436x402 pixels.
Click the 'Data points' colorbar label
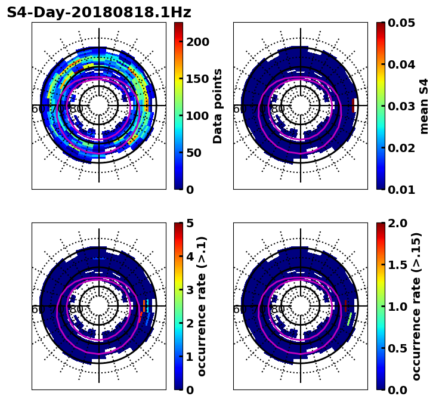[x=218, y=106]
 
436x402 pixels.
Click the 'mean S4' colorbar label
[x=424, y=106]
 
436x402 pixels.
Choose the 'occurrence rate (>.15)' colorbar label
[x=416, y=307]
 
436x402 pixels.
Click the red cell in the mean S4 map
[x=353, y=106]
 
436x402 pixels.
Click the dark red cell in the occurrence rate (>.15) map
[x=345, y=305]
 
